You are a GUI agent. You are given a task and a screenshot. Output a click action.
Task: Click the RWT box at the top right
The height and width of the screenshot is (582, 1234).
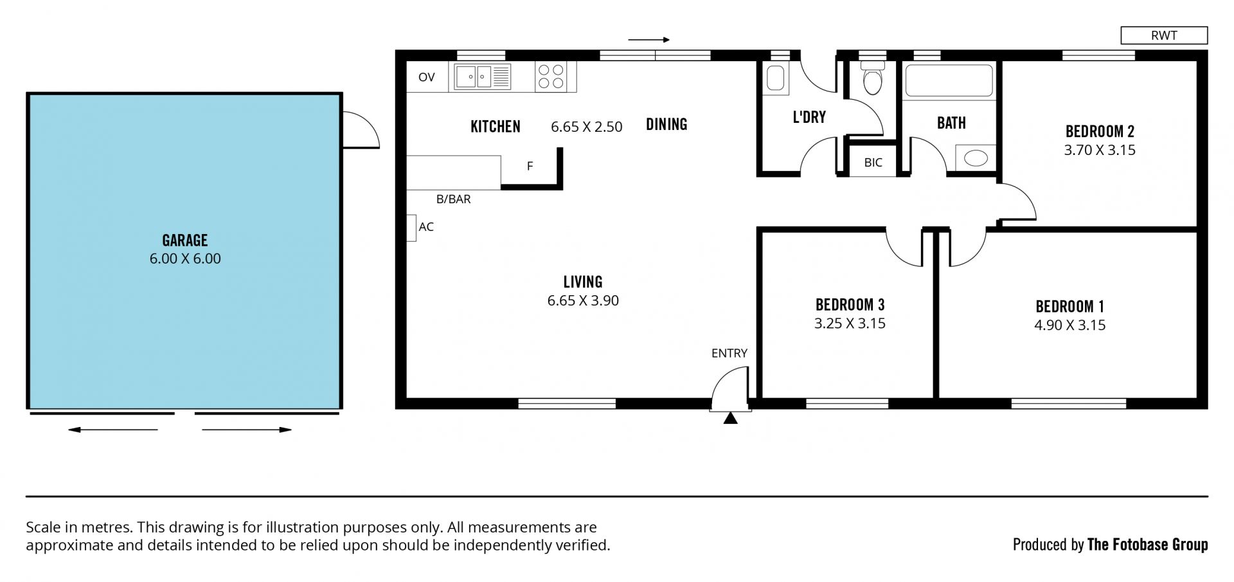pos(1164,35)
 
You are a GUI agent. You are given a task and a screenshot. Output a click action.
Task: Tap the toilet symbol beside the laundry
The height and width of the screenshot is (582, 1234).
pos(872,78)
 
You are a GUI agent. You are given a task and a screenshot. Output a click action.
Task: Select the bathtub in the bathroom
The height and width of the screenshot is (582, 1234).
pos(949,80)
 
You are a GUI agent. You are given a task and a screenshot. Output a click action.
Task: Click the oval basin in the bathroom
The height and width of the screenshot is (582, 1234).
pos(976,158)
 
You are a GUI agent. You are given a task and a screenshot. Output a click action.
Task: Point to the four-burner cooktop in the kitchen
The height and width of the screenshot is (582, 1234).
pos(550,77)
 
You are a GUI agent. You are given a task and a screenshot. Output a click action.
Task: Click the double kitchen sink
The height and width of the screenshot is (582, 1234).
pos(483,77)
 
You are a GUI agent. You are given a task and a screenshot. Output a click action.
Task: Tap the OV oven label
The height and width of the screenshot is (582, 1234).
pos(427,77)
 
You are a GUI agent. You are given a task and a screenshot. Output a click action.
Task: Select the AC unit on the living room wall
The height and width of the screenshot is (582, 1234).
pos(411,228)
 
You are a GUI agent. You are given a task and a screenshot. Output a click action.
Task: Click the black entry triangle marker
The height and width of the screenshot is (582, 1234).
pos(730,419)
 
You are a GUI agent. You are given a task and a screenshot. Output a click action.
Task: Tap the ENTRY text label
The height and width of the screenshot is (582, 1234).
pos(729,353)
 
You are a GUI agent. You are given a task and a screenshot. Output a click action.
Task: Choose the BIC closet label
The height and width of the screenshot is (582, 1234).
pos(873,163)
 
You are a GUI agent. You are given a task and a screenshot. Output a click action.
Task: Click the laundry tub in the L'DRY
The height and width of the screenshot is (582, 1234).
pos(775,78)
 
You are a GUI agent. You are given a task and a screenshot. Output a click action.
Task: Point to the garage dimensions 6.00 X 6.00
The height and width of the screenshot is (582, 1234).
pos(185,259)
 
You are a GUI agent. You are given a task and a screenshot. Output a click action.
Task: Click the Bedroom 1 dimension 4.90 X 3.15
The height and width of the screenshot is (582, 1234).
pos(1069,325)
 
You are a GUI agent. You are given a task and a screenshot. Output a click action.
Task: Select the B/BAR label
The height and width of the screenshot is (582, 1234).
pos(454,199)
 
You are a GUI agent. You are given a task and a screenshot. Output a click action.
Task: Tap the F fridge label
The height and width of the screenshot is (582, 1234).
pos(530,167)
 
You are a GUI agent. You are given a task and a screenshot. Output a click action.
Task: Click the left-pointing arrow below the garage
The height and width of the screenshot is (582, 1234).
pos(113,430)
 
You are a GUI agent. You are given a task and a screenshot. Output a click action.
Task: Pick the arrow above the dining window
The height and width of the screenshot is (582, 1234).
pos(649,40)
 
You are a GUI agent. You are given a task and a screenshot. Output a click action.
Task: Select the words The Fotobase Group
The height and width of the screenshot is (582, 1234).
pos(1147,545)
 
